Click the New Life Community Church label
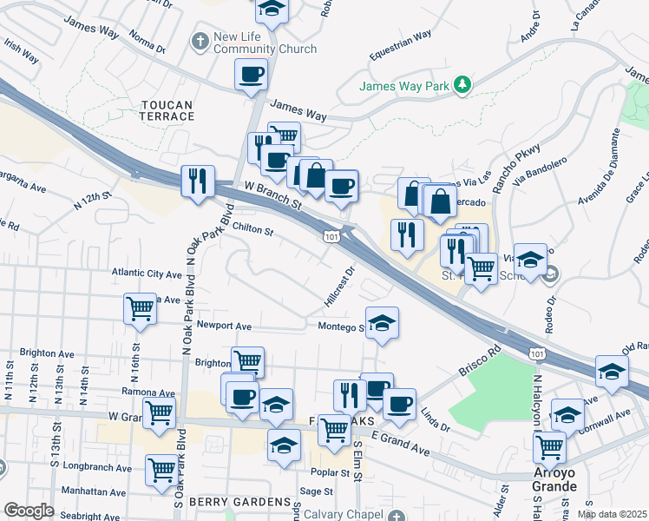click(265, 43)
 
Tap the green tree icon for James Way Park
click(464, 84)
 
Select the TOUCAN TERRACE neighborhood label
click(167, 110)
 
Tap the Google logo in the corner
click(29, 511)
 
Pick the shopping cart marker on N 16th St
click(140, 308)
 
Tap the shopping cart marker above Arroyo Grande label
click(549, 447)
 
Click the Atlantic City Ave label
click(146, 273)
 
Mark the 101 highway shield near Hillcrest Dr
click(331, 236)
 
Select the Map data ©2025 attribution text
click(611, 514)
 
